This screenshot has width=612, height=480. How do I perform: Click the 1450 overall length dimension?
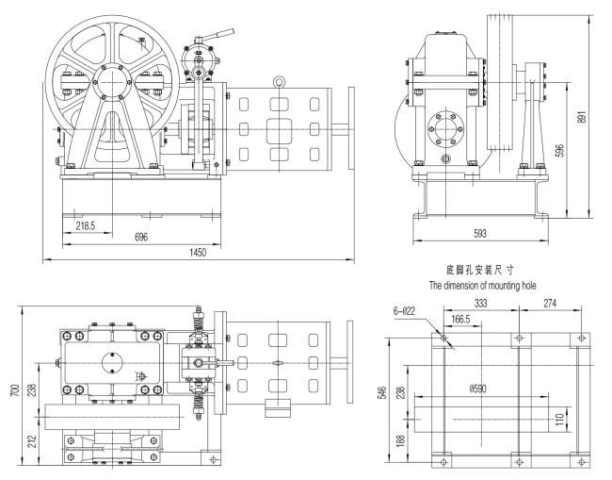coord(198,252)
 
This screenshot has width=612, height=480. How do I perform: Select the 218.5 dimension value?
coord(85,225)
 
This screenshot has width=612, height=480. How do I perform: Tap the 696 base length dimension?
coord(141,238)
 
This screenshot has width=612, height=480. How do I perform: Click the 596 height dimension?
coord(559,151)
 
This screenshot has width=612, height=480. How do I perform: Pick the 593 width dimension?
coord(480,233)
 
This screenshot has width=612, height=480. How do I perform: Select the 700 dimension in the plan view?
coord(15,390)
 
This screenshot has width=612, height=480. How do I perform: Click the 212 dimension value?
coord(32,441)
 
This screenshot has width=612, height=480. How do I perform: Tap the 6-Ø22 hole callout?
coord(404,311)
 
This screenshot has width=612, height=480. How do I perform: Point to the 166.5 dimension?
coord(460,320)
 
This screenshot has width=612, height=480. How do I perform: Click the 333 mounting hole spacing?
coord(480,303)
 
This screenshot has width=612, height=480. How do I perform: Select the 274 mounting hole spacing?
coord(550,303)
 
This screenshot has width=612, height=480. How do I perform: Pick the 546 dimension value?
coord(383,392)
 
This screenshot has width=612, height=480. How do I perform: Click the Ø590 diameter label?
coord(478,389)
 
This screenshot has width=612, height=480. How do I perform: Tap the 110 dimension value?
coord(559,420)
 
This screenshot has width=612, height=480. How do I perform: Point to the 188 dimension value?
coord(400,441)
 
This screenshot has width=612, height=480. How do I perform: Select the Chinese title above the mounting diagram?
coord(479,270)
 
